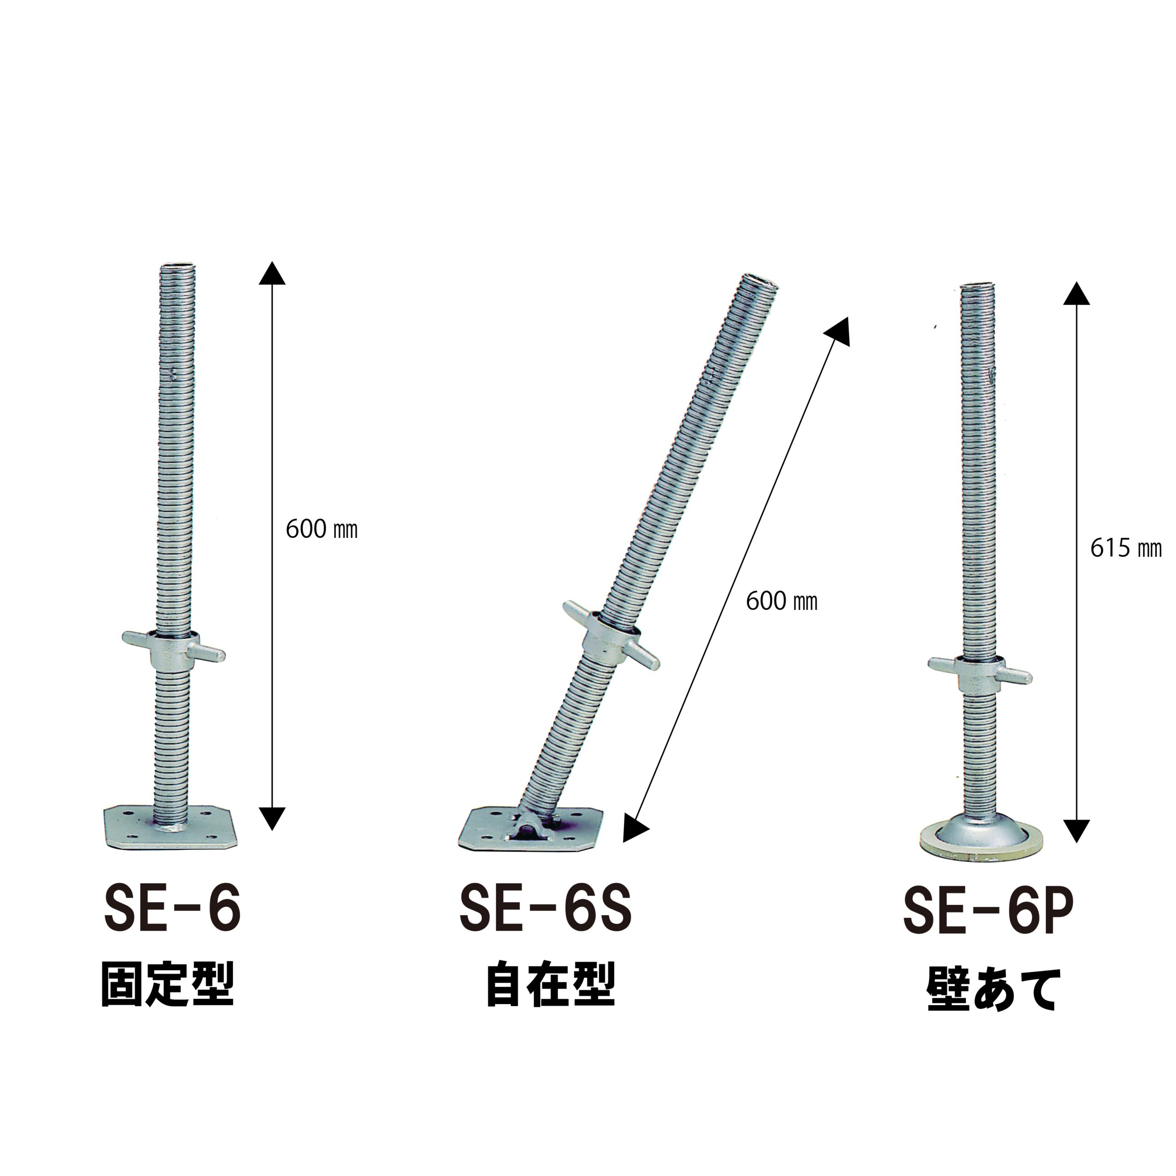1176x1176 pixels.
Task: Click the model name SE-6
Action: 173,908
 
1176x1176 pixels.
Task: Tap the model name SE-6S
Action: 545,909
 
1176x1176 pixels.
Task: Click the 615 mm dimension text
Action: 1125,548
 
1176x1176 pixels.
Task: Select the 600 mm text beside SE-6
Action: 322,529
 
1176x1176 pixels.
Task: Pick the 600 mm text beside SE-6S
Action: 781,601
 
